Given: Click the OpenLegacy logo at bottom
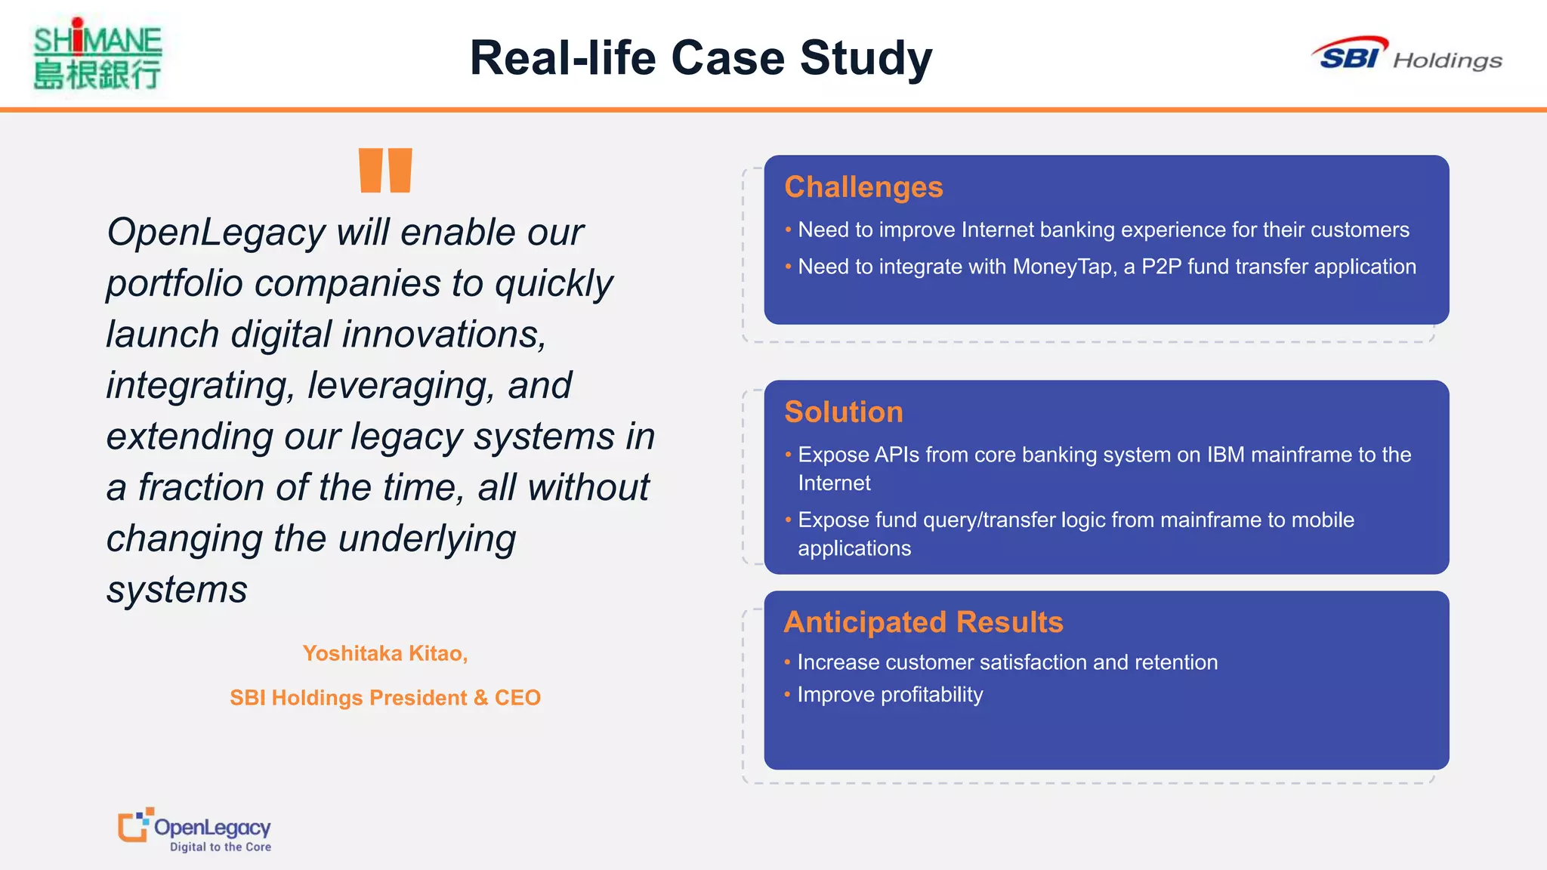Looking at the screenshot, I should pyautogui.click(x=195, y=829).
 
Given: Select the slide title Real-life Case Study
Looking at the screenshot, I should pyautogui.click(x=700, y=58).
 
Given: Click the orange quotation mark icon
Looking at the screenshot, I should pyautogui.click(x=385, y=171).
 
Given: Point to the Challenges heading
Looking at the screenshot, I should pyautogui.click(x=863, y=187).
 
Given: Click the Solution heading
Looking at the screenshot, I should pyautogui.click(x=843, y=412).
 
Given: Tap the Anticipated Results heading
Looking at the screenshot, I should pyautogui.click(x=923, y=622).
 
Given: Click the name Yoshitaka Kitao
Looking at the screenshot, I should pyautogui.click(x=385, y=653).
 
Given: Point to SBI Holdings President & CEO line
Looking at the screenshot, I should pyautogui.click(x=385, y=698).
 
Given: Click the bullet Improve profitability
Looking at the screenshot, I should pyautogui.click(x=890, y=695).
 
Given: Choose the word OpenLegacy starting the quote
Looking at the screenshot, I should pyautogui.click(x=216, y=233).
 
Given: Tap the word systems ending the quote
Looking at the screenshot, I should pyautogui.click(x=177, y=590).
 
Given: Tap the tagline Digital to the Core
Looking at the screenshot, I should pyautogui.click(x=220, y=847).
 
